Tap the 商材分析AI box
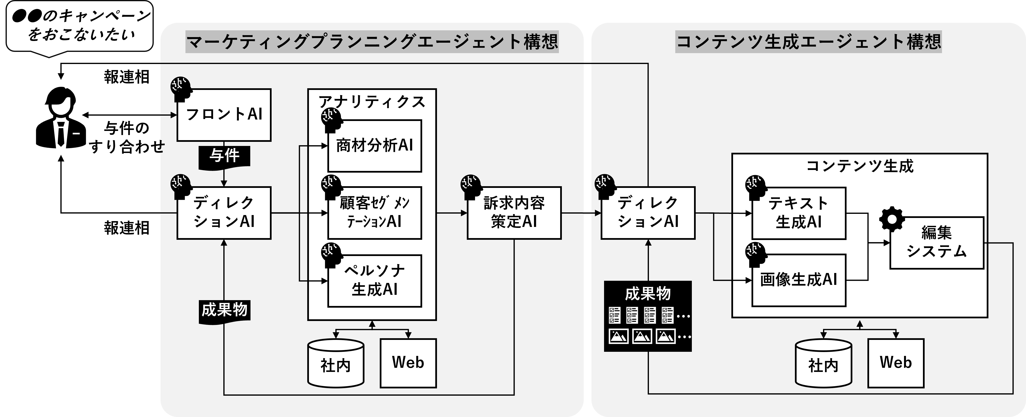[374, 146]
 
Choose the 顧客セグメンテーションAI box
[374, 213]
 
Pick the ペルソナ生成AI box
[374, 281]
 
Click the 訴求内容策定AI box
[514, 213]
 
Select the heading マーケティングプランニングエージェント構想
[372, 42]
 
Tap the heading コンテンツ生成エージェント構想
[808, 42]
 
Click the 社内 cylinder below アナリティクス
[336, 363]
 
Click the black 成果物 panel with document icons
[648, 316]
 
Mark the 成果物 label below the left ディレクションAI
[224, 310]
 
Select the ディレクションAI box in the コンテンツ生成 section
[648, 213]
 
